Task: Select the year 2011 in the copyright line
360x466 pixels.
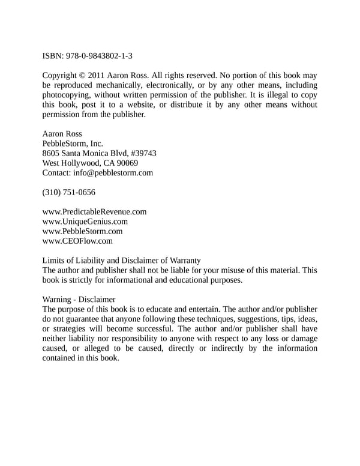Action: (x=98, y=76)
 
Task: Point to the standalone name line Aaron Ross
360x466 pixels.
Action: (x=62, y=134)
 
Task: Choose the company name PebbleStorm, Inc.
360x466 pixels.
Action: (x=73, y=144)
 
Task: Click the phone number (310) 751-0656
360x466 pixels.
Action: (x=68, y=193)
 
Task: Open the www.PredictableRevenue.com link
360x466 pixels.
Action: (x=94, y=212)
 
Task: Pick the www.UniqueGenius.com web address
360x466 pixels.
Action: (x=85, y=222)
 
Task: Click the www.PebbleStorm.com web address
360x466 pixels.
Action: (x=82, y=231)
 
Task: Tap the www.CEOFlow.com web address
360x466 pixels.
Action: (x=77, y=241)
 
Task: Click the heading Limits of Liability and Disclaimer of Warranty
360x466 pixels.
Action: (x=121, y=261)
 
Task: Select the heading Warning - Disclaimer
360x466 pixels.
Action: (x=79, y=299)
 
